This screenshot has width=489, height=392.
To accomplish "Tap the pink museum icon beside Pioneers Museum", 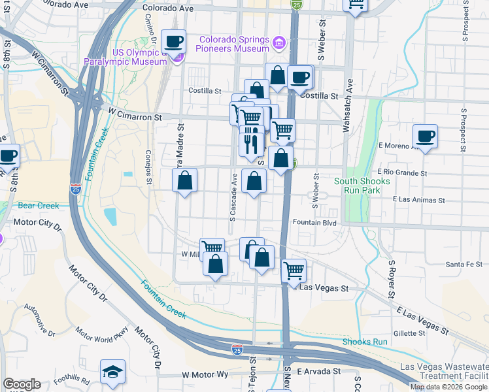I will pos(279,43).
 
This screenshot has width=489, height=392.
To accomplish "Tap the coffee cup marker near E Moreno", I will pos(425,137).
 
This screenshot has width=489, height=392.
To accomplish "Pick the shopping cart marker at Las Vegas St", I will pos(294,270).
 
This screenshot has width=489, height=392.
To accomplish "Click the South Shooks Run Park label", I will pos(362,186).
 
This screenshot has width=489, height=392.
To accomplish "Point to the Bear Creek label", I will pos(39,206).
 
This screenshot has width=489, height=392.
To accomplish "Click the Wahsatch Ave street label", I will pos(348,105).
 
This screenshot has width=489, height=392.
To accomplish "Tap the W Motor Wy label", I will pos(205,375).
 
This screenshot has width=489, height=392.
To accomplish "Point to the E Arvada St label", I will pos(319,371).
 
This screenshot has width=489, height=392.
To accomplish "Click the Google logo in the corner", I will pos(22,384).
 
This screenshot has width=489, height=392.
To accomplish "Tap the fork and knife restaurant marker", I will pos(252,141).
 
